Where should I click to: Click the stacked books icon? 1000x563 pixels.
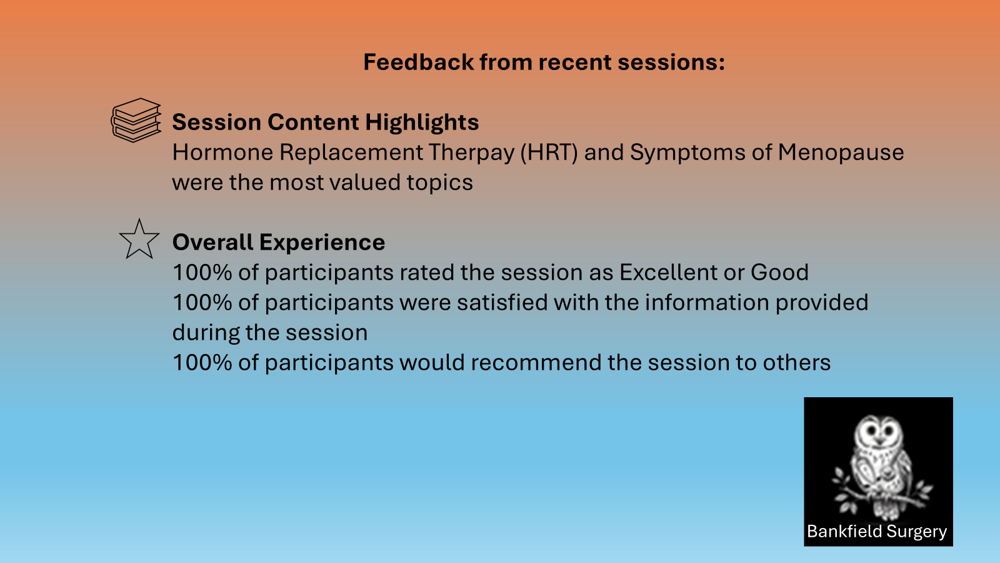(x=136, y=119)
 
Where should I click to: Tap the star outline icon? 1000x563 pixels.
(x=139, y=239)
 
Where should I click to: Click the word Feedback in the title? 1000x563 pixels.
(x=418, y=62)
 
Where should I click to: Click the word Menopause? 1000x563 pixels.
(x=841, y=153)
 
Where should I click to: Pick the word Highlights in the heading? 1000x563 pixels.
(x=422, y=123)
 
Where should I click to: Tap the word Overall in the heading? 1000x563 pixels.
(x=212, y=242)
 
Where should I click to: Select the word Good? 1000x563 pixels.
(x=779, y=272)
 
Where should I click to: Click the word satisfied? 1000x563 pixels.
(x=502, y=303)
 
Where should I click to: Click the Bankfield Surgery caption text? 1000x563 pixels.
(x=877, y=532)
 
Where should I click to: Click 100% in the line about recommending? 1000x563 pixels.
(x=202, y=362)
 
